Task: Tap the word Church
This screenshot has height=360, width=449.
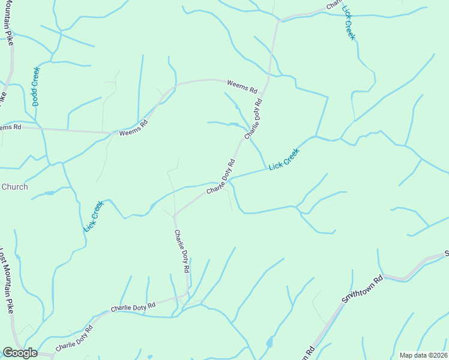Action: click(14, 187)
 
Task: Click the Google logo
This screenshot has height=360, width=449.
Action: click(20, 353)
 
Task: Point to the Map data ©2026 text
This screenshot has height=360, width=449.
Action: click(423, 355)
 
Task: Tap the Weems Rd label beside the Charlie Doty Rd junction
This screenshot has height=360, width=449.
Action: click(242, 86)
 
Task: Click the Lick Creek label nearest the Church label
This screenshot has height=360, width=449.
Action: click(94, 216)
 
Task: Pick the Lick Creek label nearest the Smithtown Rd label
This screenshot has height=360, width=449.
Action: click(284, 158)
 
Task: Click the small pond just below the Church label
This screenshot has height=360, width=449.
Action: click(49, 193)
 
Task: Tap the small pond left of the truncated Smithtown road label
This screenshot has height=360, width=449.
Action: click(270, 343)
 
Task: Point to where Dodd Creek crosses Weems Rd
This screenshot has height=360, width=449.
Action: click(43, 128)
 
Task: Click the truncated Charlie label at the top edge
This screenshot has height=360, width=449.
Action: click(333, 5)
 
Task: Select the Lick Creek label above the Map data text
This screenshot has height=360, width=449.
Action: click(349, 22)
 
